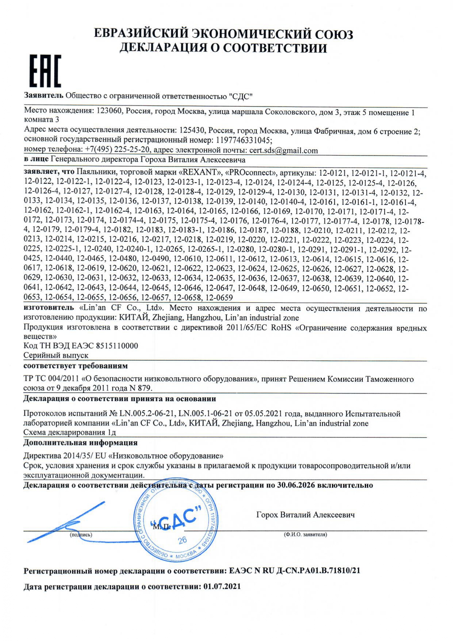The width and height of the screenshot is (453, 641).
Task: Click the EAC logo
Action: (x=45, y=71)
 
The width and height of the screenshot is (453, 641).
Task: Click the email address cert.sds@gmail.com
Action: (x=283, y=150)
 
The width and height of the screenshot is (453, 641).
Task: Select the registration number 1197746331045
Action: (x=244, y=140)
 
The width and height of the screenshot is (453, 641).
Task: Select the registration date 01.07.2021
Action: (x=222, y=587)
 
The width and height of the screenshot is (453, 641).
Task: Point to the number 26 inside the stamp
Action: (x=182, y=541)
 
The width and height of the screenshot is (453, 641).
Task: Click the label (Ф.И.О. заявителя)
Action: (x=305, y=534)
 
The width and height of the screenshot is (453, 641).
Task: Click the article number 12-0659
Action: (x=219, y=298)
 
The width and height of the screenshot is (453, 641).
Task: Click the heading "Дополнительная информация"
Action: (x=80, y=443)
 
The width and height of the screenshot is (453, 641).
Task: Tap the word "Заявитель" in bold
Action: (x=43, y=96)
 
